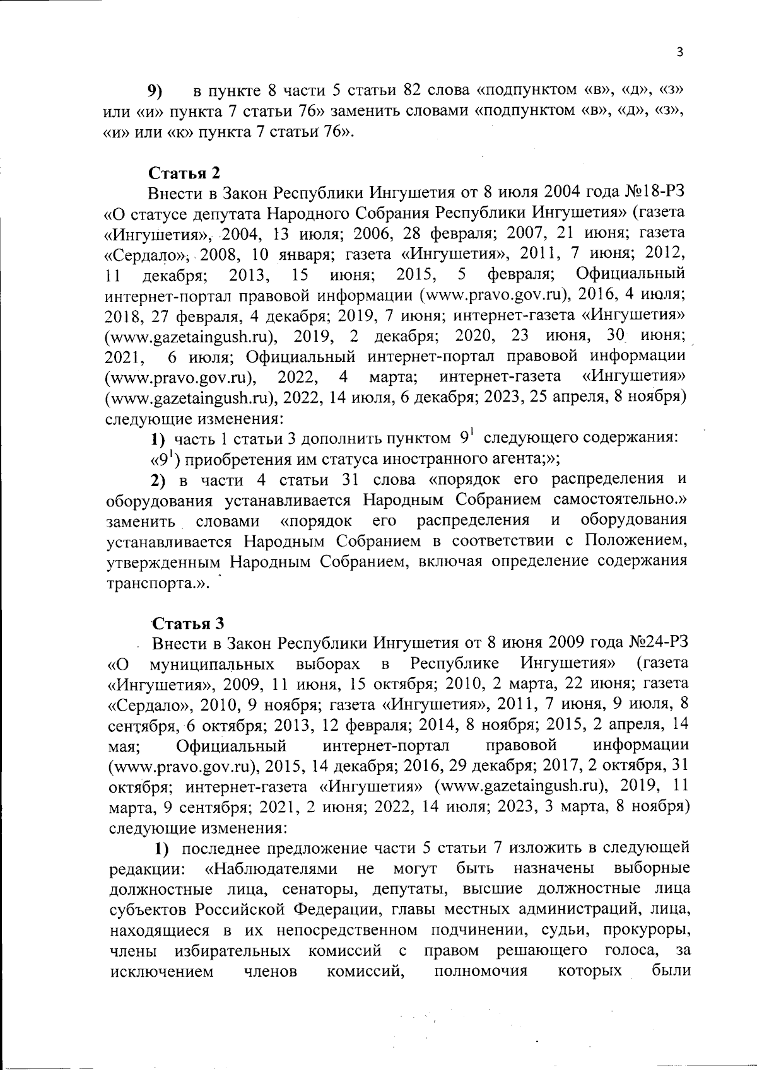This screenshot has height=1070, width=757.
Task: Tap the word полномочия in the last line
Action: click(x=480, y=971)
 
